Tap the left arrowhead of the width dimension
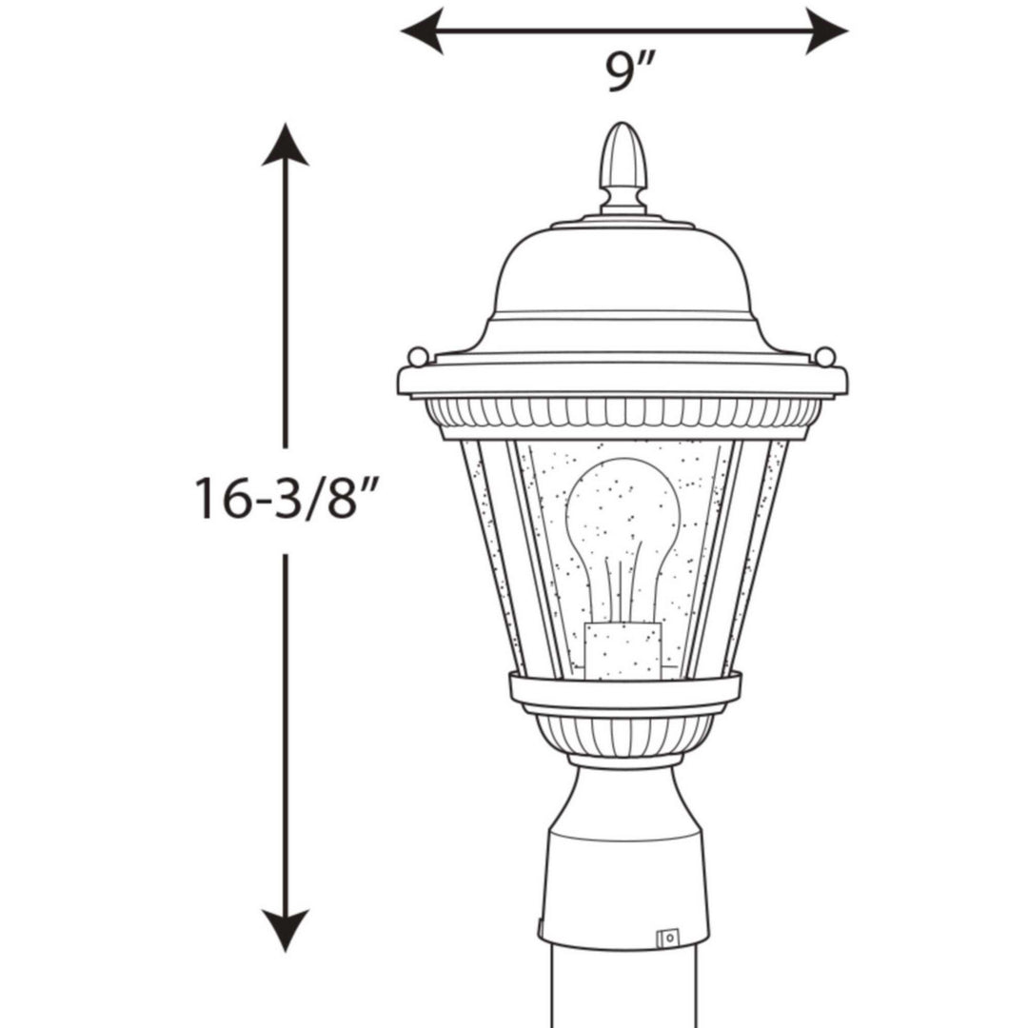[x=420, y=30]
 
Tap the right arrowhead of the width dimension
[x=828, y=30]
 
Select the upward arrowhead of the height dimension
[x=286, y=145]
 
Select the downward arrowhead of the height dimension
[x=286, y=929]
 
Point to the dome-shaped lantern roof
[x=623, y=276]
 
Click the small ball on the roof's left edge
[x=417, y=357]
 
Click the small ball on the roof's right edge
[x=825, y=357]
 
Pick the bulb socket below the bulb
[x=623, y=651]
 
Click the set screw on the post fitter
[x=668, y=938]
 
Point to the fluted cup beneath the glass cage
[x=624, y=735]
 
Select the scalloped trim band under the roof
[x=623, y=412]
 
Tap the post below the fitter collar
[x=623, y=995]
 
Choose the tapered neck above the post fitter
[x=623, y=800]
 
